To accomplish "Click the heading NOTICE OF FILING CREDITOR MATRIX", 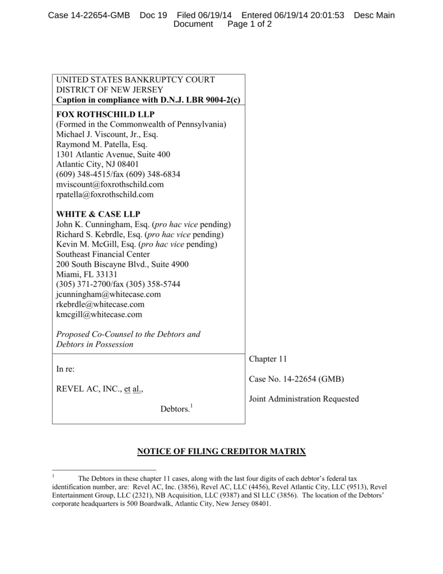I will click(x=221, y=452).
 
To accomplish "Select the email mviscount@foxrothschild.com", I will click(x=110, y=184).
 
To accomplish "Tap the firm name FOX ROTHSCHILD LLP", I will click(x=98, y=114).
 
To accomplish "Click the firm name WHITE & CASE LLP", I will click(x=98, y=214).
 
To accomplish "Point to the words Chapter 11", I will click(x=268, y=359).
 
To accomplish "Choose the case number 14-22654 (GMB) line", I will click(x=296, y=379).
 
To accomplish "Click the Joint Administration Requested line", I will click(x=304, y=399).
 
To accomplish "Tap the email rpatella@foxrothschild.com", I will click(x=105, y=195).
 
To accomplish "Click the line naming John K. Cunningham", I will click(x=143, y=224).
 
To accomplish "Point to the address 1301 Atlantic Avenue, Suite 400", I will click(x=113, y=154).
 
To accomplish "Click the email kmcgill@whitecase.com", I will click(x=99, y=314).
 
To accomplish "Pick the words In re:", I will click(x=66, y=369).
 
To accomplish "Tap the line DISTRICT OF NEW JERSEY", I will click(x=110, y=90).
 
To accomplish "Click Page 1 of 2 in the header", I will click(x=249, y=25).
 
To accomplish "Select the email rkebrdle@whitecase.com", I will click(x=100, y=304).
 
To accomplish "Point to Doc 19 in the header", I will click(x=153, y=15).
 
